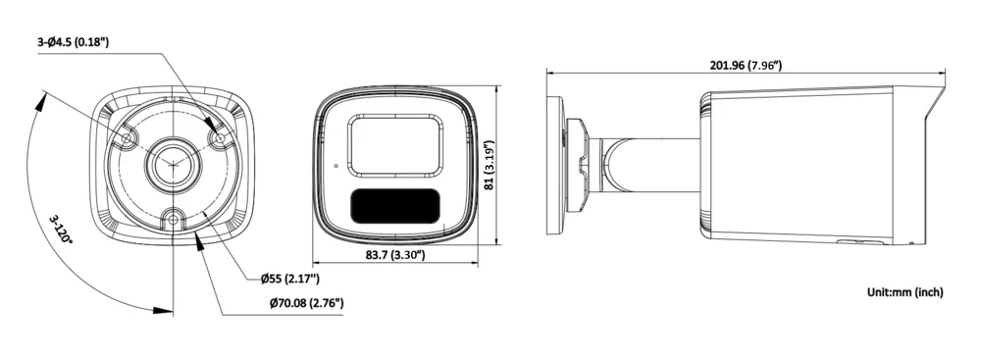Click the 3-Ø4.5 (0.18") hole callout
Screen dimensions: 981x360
73,42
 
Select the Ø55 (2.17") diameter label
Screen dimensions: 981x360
290,278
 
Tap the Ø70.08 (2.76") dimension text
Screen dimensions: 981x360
306,304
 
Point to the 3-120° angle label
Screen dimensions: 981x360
61,230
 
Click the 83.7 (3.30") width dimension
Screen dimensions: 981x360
394,255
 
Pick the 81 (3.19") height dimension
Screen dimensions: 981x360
490,166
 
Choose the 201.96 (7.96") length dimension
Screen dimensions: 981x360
746,65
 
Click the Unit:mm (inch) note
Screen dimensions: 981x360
904,291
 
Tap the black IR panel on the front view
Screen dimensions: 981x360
394,206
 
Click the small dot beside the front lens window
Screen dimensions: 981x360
336,166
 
